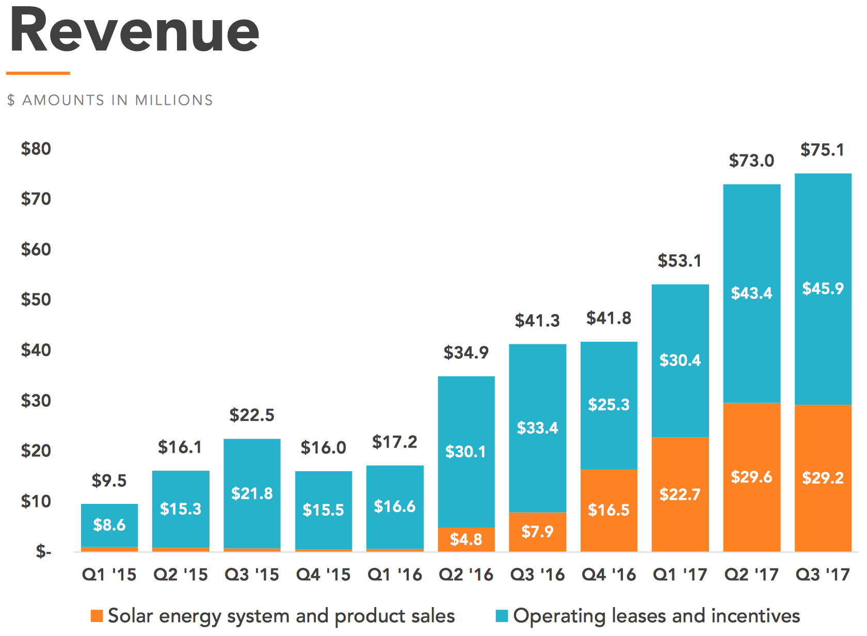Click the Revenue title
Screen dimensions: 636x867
(134, 32)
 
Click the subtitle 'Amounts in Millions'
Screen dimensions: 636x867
(110, 100)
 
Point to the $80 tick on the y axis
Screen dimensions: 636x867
(36, 149)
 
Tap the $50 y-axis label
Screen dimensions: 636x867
(36, 299)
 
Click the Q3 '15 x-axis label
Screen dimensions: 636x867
(252, 575)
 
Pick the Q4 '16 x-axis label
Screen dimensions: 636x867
(609, 575)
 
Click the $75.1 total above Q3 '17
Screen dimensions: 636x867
(823, 150)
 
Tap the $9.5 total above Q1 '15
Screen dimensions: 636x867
(109, 481)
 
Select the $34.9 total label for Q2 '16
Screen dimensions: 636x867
(466, 353)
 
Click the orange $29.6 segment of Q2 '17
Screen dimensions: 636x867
(751, 476)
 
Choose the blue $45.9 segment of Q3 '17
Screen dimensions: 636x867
(823, 288)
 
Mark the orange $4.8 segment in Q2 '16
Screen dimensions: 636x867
(466, 539)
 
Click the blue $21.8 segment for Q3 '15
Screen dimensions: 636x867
(252, 493)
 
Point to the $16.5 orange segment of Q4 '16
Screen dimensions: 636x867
(609, 510)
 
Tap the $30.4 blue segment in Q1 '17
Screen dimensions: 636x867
(680, 360)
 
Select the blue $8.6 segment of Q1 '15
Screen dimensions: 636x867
(109, 524)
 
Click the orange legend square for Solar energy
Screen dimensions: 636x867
(97, 616)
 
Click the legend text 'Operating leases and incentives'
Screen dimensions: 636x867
(656, 616)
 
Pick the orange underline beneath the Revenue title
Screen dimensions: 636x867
(38, 73)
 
